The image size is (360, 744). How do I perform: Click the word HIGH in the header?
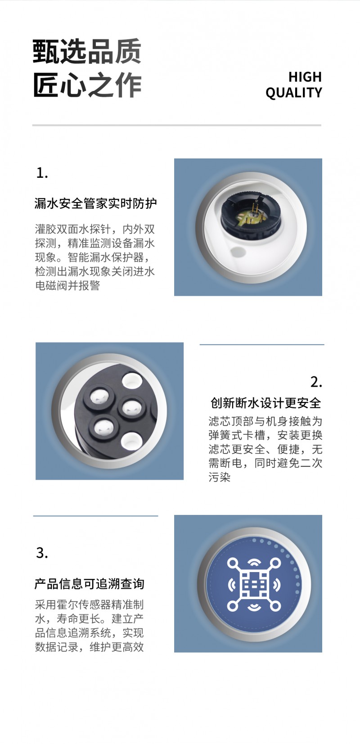coord(305,77)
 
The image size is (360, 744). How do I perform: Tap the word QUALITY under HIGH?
coord(293,93)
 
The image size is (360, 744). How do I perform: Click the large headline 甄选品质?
coord(87,51)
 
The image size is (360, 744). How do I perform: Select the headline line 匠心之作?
coord(87,85)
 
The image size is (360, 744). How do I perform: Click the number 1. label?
coord(42,173)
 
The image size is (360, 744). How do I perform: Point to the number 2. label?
coord(316,382)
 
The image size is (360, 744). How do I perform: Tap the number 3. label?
coord(42,553)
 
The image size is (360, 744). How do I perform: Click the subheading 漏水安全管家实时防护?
coord(96,203)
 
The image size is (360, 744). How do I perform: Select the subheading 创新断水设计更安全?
coord(265,403)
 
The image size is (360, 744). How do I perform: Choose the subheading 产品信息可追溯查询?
coord(90,584)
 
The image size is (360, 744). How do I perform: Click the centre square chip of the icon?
coord(254,584)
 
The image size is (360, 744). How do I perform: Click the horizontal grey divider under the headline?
coord(177,125)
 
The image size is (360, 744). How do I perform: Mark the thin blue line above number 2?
coord(262,345)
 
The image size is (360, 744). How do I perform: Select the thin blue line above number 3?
coord(96,516)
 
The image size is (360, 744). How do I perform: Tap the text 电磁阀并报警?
coord(67,285)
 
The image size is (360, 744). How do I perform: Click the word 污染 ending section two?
coord(220,477)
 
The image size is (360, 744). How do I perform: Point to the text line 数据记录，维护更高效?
coord(90,647)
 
